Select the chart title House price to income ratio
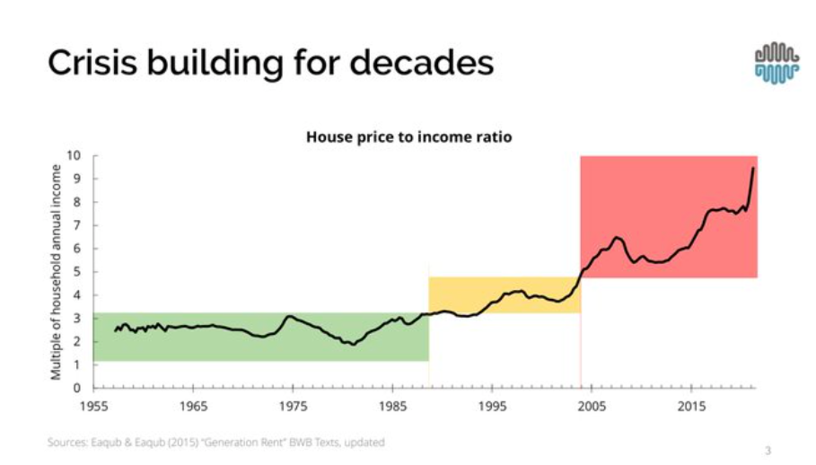(408, 137)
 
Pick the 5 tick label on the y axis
(78, 272)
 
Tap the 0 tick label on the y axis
(78, 388)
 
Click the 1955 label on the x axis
(94, 407)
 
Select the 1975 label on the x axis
(294, 407)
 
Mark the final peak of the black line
(752, 168)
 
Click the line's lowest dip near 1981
(354, 344)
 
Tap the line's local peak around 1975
(289, 316)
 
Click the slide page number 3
(768, 450)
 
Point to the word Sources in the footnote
(66, 443)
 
